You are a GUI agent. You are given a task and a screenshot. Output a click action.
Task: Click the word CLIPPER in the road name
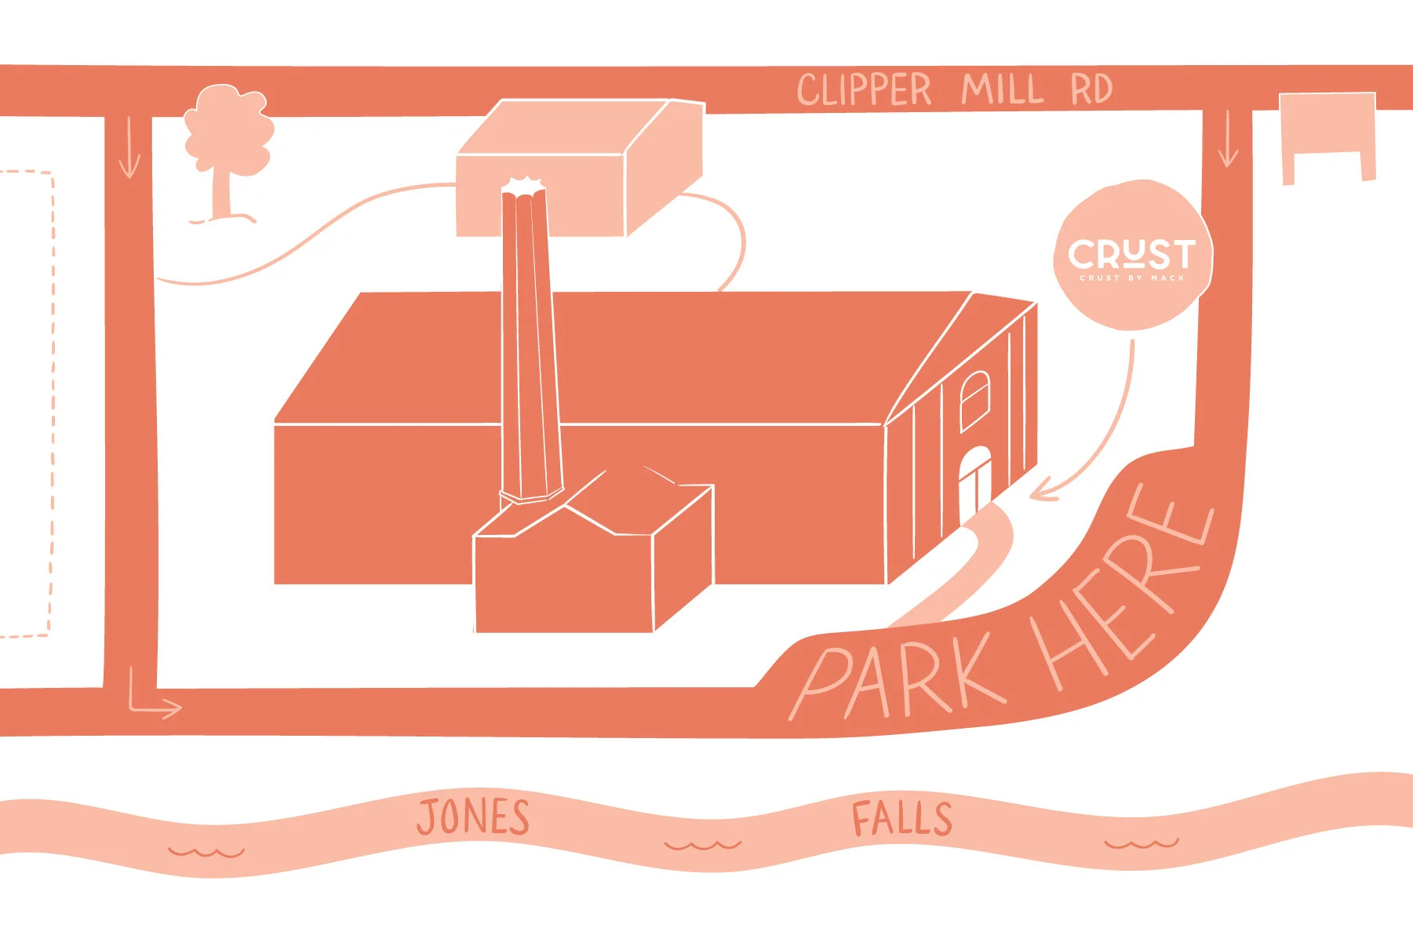[864, 89]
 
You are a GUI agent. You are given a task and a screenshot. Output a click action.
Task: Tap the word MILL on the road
[1002, 89]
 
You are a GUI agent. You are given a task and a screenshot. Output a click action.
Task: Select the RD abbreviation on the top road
[1091, 89]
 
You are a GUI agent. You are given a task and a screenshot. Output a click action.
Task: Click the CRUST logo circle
[1131, 256]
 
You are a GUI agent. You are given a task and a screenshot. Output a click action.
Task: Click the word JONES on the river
[473, 817]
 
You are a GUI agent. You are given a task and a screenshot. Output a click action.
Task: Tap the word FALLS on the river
[901, 819]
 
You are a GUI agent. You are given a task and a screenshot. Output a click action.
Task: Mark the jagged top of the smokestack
[523, 186]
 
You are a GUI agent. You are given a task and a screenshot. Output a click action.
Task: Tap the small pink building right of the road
[1327, 130]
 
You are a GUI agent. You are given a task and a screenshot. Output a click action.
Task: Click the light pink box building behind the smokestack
[577, 169]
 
